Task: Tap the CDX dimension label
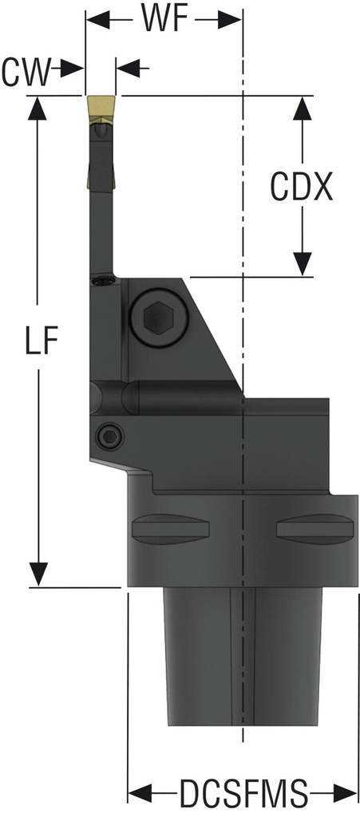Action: click(x=301, y=188)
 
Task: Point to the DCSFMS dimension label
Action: click(x=243, y=795)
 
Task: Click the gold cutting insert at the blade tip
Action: click(x=101, y=107)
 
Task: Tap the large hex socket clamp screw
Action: click(x=156, y=318)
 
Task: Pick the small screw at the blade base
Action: click(x=101, y=281)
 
